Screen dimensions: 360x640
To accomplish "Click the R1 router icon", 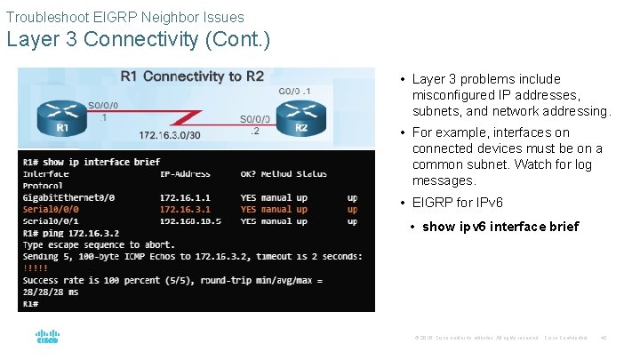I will click(x=60, y=116).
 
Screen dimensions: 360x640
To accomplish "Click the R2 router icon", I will click(x=300, y=116).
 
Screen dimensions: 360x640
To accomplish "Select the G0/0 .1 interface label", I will click(x=294, y=90).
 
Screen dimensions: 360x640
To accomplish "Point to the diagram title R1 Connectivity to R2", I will click(x=192, y=76).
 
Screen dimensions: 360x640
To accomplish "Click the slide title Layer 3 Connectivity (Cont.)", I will click(x=138, y=40).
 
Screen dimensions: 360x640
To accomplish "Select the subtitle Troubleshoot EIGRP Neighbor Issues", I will click(x=124, y=16).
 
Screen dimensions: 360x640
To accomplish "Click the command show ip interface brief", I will click(x=103, y=162).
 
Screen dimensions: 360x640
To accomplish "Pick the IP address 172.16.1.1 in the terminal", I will click(x=184, y=197).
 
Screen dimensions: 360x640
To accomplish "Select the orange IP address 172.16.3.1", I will click(x=184, y=210).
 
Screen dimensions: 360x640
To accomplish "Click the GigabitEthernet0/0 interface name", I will click(x=68, y=197).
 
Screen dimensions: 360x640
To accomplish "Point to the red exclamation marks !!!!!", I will click(x=36, y=268).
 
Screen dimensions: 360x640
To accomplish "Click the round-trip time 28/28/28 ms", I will click(x=52, y=291).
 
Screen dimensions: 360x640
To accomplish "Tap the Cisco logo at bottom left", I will click(x=47, y=337).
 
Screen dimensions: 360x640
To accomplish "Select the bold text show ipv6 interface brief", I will click(x=500, y=227).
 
